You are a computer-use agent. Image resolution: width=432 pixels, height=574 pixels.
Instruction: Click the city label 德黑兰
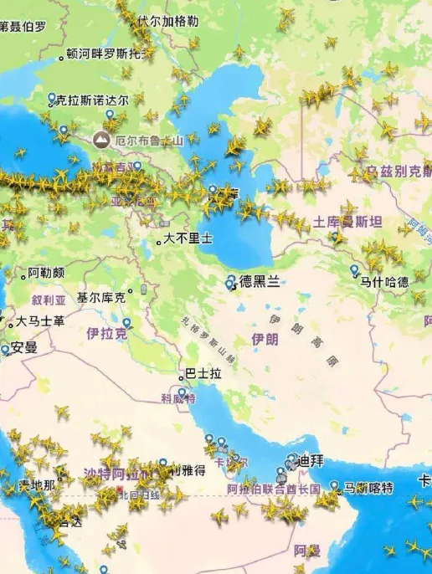[x=259, y=282]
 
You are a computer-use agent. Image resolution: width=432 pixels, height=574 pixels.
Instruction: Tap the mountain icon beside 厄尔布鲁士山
[x=102, y=139]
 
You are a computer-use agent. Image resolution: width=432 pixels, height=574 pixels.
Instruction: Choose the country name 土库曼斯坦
[x=348, y=222]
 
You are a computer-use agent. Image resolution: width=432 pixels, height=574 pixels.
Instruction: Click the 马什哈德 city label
[x=384, y=282]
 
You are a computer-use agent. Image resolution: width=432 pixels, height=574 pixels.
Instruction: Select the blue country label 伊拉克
[x=107, y=333]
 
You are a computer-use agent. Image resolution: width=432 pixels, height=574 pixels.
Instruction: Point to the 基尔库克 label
[x=101, y=297]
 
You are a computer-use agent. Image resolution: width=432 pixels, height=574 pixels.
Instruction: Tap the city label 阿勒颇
[x=46, y=273]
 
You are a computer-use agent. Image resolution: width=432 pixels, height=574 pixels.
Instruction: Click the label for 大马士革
[x=40, y=321]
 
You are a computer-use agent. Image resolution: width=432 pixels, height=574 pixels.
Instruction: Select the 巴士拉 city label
[x=203, y=374]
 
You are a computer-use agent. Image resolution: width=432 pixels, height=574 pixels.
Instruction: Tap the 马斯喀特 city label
[x=368, y=488]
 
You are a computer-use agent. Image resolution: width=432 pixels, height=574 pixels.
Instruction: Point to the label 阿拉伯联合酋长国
[x=274, y=489]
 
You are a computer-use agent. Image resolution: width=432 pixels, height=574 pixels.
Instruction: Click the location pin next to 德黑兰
[x=231, y=282]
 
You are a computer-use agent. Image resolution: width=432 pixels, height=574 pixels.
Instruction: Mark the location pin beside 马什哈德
[x=354, y=270]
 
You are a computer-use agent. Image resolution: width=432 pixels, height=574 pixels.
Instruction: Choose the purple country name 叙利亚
[x=49, y=300]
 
